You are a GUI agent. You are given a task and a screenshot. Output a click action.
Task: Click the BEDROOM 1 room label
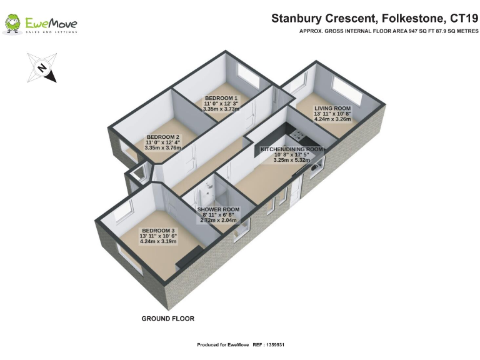tap(221, 98)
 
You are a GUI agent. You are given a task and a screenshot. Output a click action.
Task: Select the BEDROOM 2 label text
tap(163, 137)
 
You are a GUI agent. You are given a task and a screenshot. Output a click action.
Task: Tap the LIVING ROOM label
tap(332, 108)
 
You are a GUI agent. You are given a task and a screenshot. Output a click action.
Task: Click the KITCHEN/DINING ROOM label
tap(292, 150)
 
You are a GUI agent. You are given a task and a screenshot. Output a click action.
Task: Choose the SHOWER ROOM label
tap(217, 209)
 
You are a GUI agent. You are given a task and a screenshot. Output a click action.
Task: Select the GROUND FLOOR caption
tap(167, 319)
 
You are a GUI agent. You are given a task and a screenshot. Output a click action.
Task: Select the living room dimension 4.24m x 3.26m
tap(332, 119)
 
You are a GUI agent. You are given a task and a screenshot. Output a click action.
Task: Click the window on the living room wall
tap(346, 89)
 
